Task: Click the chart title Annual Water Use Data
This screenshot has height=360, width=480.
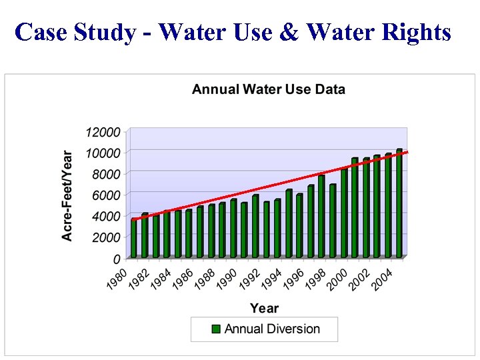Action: point(268,89)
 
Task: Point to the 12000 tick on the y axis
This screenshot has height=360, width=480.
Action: point(103,132)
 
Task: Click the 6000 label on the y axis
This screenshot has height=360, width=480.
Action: point(106,195)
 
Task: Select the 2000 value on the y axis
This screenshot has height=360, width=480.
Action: point(106,237)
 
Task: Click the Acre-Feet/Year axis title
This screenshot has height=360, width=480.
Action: point(67,194)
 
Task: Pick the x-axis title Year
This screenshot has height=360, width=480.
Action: point(264,308)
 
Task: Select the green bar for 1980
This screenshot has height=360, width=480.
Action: point(134,239)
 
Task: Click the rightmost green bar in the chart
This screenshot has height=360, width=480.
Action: point(399,203)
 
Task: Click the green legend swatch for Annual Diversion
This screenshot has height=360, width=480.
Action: point(216,329)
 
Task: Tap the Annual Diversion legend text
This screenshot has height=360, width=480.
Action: point(272,329)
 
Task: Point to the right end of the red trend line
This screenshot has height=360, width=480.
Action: point(407,152)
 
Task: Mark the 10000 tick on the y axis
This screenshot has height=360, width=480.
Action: point(103,153)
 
